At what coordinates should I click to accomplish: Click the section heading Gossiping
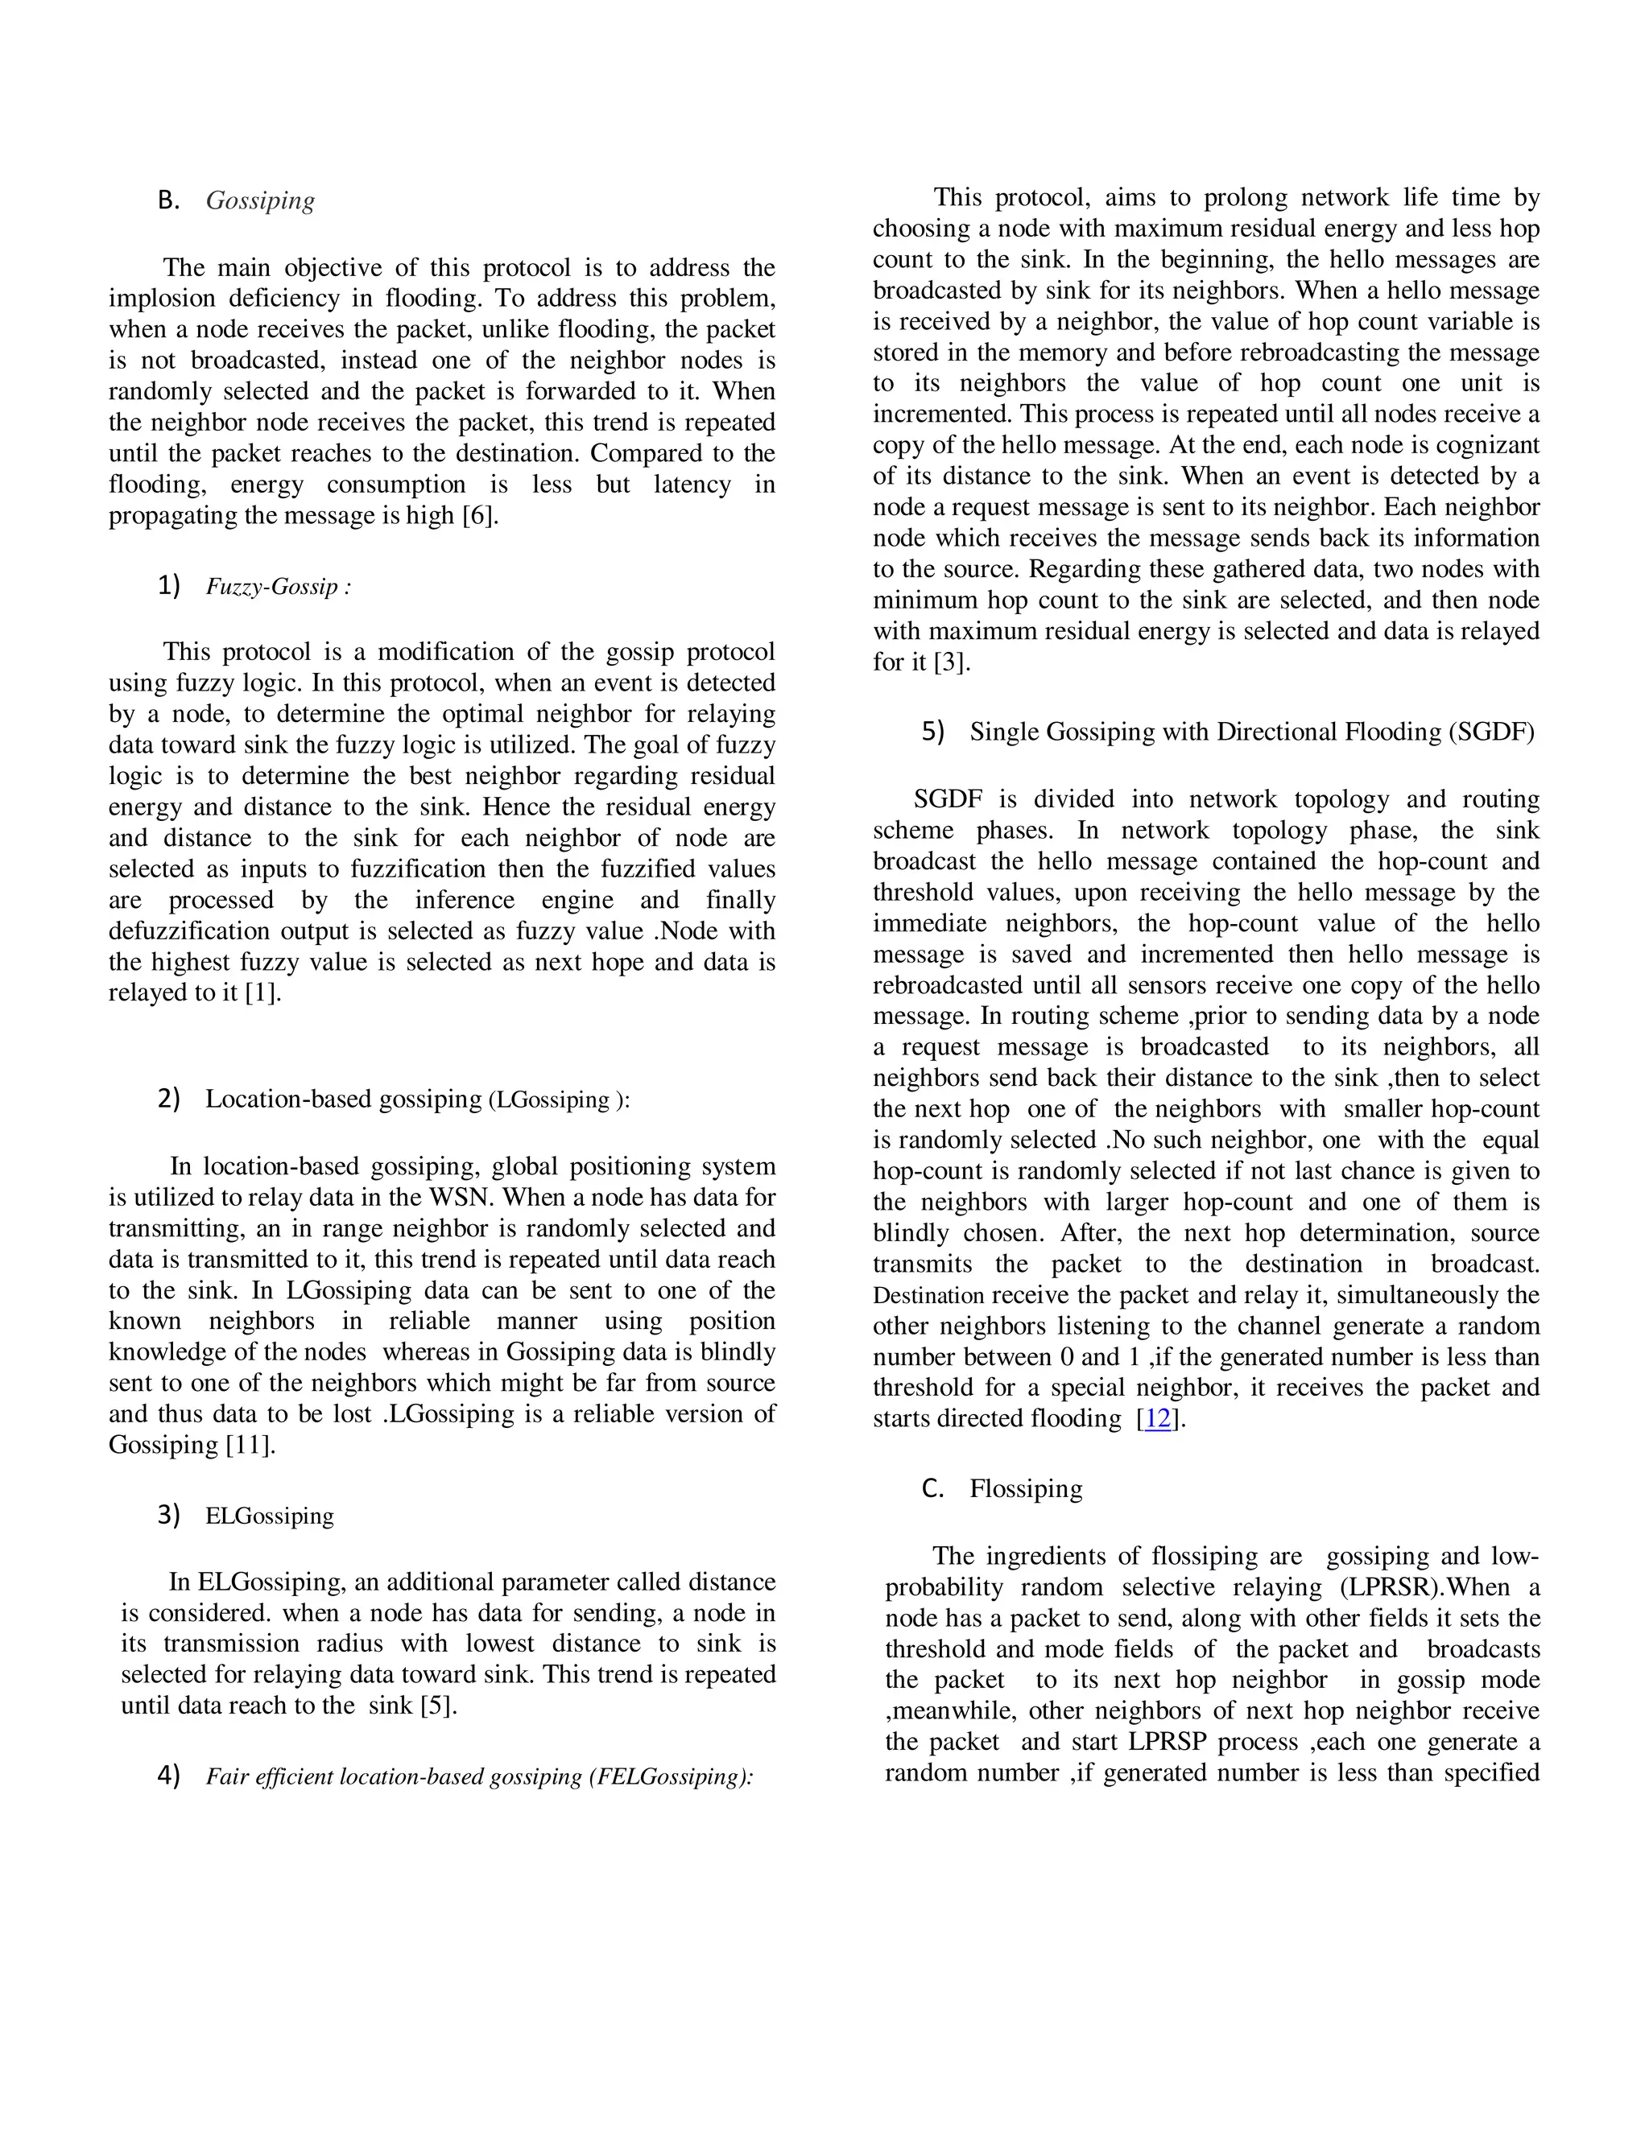(260, 200)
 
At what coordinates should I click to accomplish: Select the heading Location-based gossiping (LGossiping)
(417, 1100)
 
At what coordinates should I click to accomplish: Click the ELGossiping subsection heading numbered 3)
(270, 1516)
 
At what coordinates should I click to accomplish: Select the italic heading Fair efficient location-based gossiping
(479, 1776)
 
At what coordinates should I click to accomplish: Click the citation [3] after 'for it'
(952, 662)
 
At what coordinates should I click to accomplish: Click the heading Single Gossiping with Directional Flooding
(1251, 732)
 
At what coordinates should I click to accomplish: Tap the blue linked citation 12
(1158, 1419)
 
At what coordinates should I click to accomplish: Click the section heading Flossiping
(1026, 1489)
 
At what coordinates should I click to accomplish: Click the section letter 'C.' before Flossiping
(932, 1489)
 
